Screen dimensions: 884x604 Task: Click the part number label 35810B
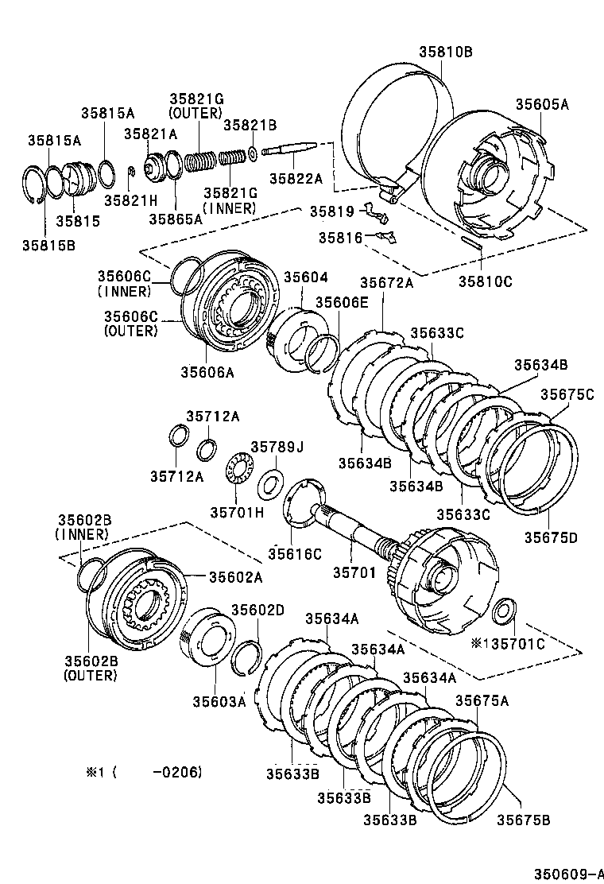pos(445,52)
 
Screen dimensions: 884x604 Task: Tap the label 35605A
pos(542,104)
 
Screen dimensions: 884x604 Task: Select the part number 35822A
pos(296,179)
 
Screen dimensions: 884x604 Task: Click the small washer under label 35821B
pos(251,151)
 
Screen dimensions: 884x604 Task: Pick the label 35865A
pos(176,220)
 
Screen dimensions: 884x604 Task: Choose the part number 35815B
pos(48,244)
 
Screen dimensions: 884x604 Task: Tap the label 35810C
pos(485,281)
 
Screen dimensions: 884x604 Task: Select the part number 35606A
pos(207,371)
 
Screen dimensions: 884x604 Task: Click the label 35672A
pos(386,282)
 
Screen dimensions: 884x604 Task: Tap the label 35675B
pos(524,820)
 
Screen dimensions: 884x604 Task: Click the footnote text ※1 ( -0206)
pos(144,772)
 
